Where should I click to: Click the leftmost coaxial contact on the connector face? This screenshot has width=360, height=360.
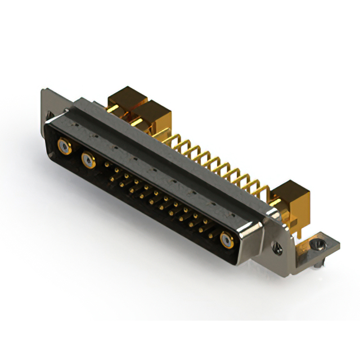click(65, 147)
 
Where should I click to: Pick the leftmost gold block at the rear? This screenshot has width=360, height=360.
click(126, 101)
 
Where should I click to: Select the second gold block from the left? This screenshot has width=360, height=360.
click(151, 117)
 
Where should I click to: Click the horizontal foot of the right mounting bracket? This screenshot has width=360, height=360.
click(315, 247)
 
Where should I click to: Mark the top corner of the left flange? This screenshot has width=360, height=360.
click(43, 90)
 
